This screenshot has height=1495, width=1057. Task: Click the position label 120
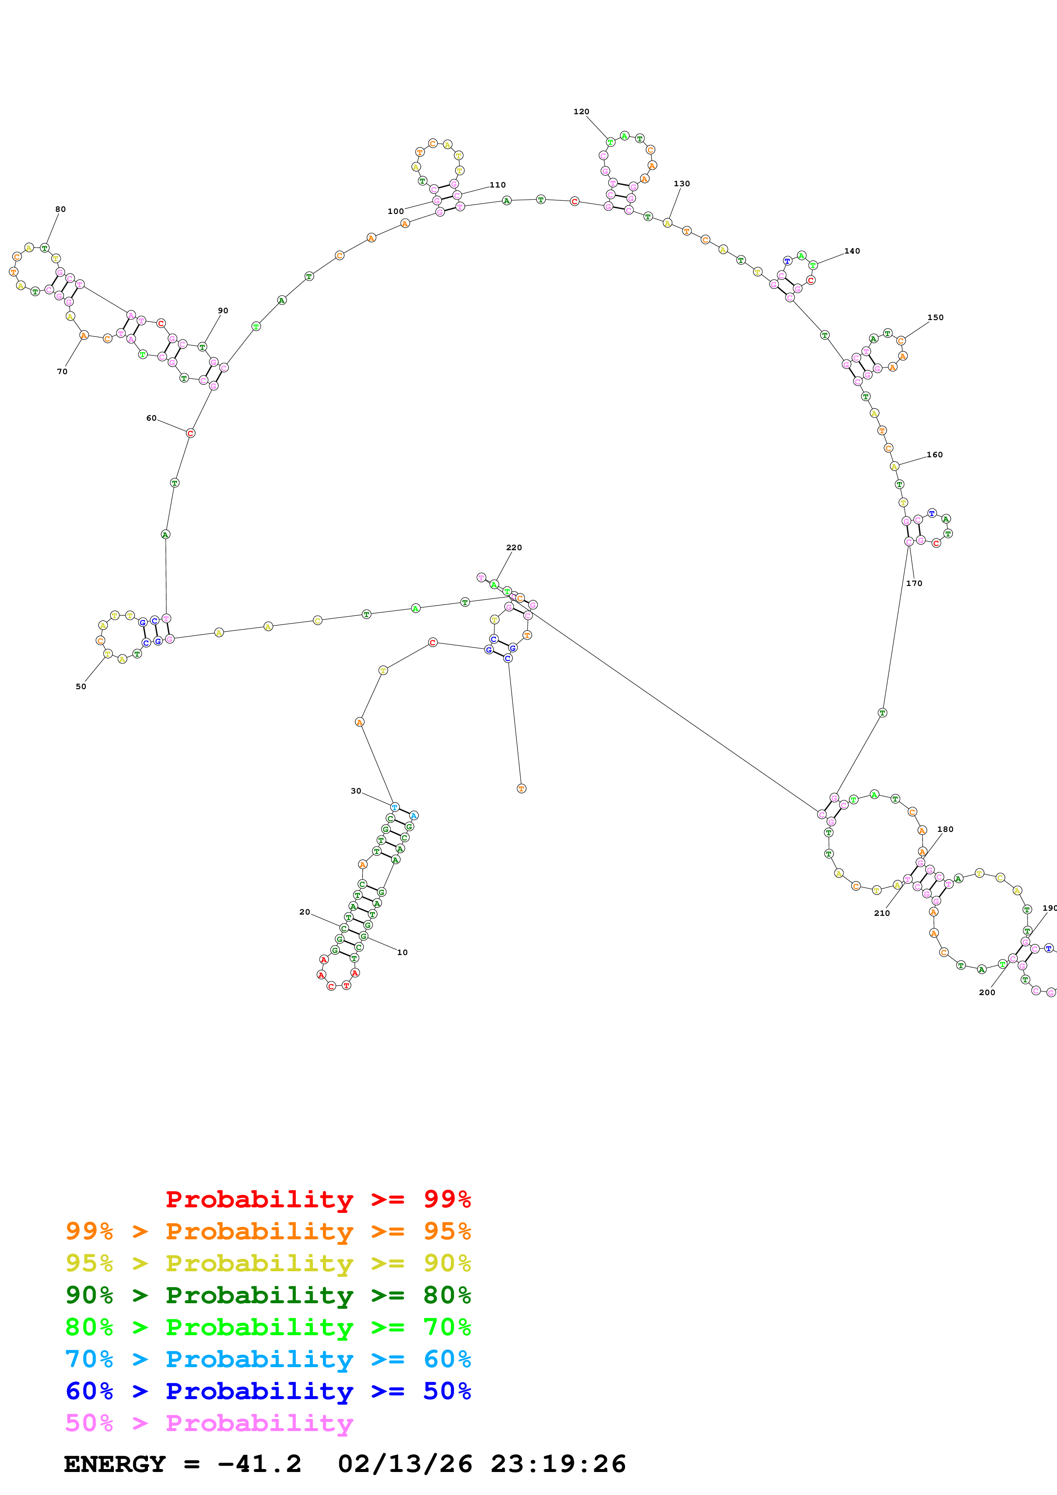click(581, 111)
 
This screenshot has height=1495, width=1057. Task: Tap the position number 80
click(61, 209)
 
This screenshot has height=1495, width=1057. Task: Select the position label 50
click(81, 686)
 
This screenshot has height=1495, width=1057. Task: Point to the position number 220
click(514, 548)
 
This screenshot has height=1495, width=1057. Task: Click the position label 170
click(914, 583)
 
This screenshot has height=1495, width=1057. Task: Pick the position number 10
click(403, 952)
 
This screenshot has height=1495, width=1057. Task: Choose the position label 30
click(356, 791)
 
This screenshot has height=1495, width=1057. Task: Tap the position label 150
click(935, 318)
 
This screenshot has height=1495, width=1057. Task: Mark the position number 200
click(987, 992)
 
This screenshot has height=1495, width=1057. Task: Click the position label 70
click(62, 372)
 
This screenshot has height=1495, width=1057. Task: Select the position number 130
click(681, 184)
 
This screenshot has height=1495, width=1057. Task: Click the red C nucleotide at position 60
click(190, 433)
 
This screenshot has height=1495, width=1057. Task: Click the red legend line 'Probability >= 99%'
click(318, 1199)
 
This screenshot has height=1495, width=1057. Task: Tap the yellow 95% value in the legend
click(89, 1263)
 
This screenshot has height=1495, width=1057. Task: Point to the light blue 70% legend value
click(89, 1359)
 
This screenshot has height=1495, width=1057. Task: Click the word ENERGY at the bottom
click(115, 1464)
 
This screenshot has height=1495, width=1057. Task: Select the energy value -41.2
click(259, 1464)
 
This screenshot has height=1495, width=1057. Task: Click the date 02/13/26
click(405, 1464)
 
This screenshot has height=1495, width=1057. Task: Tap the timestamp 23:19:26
click(558, 1464)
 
